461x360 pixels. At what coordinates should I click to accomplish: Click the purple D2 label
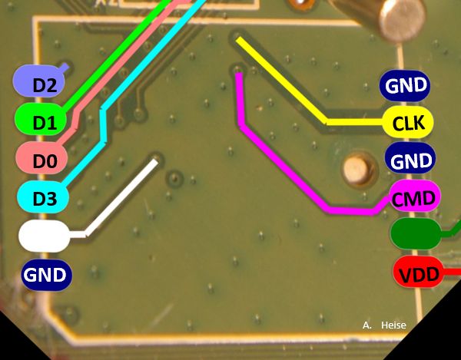click(42, 82)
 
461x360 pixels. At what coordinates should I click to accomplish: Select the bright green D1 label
click(42, 119)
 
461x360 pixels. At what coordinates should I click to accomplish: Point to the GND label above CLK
click(405, 85)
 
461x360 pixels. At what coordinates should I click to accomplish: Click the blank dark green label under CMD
click(415, 233)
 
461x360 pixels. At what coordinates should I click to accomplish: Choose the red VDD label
click(418, 272)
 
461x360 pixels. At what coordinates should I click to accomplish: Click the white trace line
click(123, 197)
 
